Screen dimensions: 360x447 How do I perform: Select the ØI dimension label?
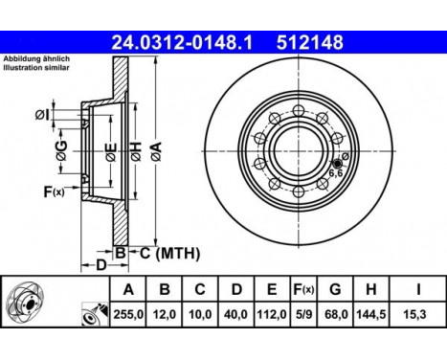[x=45, y=115]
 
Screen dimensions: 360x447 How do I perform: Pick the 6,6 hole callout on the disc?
[x=336, y=174]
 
